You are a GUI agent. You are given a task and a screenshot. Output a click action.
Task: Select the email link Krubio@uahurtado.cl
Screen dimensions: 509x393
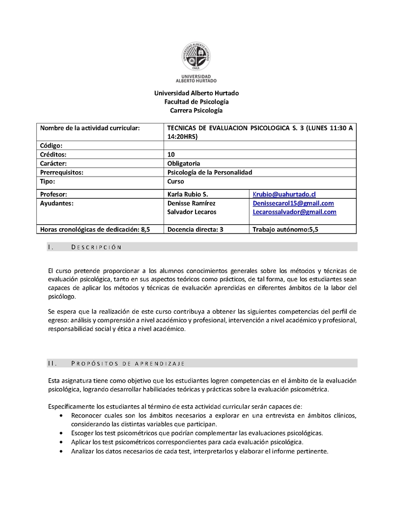tap(284, 194)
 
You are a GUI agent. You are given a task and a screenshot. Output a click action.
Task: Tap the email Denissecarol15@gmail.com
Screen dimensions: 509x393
tap(293, 203)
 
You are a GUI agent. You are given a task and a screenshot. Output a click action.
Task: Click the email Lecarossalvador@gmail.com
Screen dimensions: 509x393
tap(294, 212)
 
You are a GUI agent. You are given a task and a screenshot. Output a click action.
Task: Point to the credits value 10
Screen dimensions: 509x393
tap(171, 154)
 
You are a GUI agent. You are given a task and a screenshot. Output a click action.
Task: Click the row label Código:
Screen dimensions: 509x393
tap(51, 146)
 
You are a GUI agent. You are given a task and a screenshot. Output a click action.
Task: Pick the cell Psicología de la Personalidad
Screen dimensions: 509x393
tap(209, 172)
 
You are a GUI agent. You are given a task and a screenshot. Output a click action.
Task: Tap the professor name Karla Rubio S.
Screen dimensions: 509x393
tap(188, 194)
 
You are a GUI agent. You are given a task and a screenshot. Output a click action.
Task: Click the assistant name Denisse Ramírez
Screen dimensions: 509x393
tap(191, 203)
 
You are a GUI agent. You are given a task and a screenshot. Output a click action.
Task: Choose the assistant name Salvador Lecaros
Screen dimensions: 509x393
tap(191, 212)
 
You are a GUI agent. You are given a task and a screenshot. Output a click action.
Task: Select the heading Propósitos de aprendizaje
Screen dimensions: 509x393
tap(127, 363)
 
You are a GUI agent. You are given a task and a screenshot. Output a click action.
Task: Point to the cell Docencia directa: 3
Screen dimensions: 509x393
tap(196, 229)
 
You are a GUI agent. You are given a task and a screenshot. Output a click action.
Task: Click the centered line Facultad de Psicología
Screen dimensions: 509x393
tap(196, 102)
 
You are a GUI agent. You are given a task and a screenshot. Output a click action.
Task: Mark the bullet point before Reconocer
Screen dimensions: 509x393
tap(60, 416)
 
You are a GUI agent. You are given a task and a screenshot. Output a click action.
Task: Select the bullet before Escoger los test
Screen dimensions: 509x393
tap(60, 433)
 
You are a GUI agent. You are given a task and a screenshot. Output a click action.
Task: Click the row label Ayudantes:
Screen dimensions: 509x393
tap(56, 203)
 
